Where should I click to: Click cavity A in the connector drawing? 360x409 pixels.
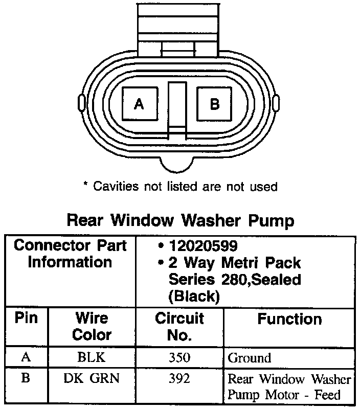coord(139,104)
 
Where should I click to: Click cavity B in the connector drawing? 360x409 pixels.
coord(215,104)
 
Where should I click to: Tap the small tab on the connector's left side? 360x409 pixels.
coord(80,103)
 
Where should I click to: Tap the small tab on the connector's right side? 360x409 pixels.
coord(276,103)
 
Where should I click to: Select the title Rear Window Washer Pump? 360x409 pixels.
coord(181,220)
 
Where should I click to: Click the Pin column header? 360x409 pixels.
coord(26,318)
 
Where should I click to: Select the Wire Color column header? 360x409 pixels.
coord(92,326)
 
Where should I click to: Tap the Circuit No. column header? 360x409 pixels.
coord(179,326)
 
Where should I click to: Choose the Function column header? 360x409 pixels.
coord(289,319)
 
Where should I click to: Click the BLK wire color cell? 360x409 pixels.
coord(92,357)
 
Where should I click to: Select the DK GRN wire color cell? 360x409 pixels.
coord(92,379)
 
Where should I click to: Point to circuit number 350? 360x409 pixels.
coord(179,357)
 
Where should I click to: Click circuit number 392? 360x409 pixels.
coord(179,379)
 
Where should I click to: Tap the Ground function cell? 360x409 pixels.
coord(249,358)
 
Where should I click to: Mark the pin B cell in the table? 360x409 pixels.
coord(26,379)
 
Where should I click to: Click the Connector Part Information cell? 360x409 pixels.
coord(70,254)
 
